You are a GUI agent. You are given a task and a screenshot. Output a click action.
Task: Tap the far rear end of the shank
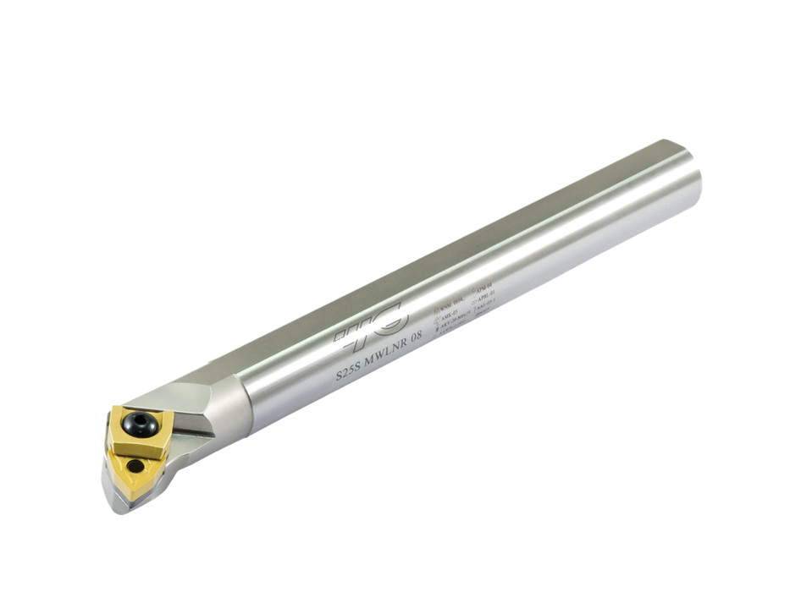(x=690, y=173)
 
